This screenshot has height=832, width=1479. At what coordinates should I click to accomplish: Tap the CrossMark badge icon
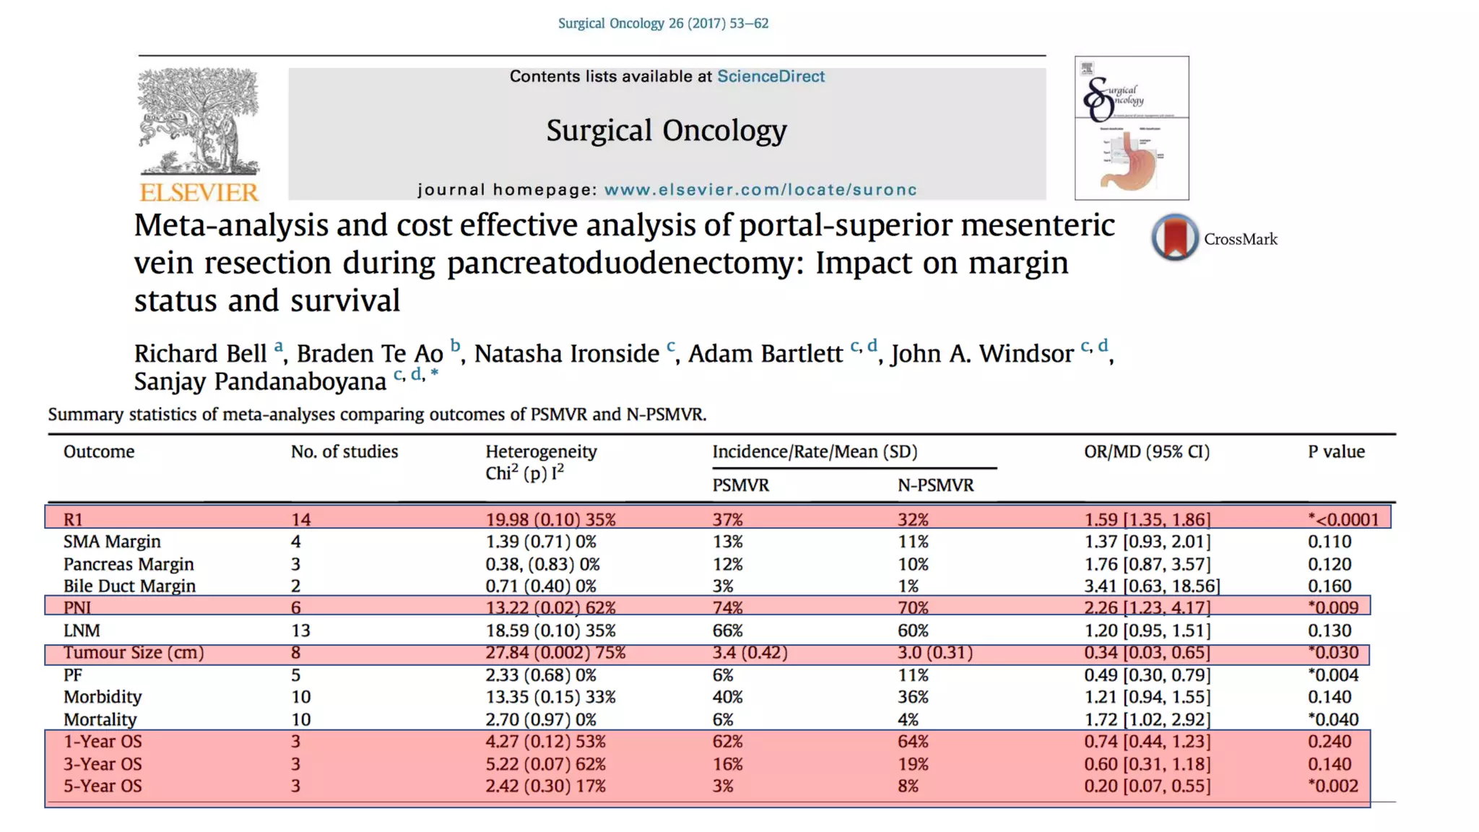pos(1175,238)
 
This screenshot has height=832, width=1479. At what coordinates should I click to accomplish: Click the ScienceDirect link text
pos(770,77)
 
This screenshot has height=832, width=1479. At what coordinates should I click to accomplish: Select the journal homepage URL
pos(760,190)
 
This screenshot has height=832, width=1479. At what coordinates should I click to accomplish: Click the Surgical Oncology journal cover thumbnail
pos(1131,128)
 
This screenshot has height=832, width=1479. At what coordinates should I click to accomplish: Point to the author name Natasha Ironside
pos(566,354)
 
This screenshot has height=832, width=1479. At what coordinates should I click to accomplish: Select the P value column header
pos(1335,452)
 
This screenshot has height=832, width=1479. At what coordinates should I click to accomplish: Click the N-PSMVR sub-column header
pos(935,485)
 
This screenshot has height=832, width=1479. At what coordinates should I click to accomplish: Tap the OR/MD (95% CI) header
pos(1146,452)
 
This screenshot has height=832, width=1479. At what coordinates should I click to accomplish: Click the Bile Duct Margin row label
pos(129,586)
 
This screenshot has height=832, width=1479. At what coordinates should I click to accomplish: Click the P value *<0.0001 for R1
pos(1343,519)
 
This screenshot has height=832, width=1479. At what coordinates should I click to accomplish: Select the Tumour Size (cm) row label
pos(134,653)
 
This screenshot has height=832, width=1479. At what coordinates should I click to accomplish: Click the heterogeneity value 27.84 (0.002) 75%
pos(555,653)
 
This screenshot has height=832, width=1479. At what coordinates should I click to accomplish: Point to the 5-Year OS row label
pos(103,786)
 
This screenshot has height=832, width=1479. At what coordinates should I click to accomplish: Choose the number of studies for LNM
pos(300,630)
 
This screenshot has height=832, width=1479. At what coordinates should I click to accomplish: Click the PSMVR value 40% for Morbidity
pos(727,697)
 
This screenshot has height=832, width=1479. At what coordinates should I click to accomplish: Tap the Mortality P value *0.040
pos(1332,719)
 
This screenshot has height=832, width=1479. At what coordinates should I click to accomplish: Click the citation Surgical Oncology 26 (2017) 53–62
pos(663,23)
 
